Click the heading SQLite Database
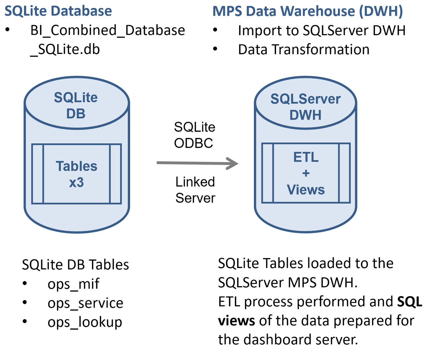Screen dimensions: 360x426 pyautogui.click(x=58, y=11)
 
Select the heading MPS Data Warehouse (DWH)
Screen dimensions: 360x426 pyautogui.click(x=308, y=11)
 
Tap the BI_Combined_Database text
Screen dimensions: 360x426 pyautogui.click(x=108, y=30)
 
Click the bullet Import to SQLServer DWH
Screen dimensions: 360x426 pyautogui.click(x=322, y=31)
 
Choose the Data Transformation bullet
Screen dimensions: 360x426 pyautogui.click(x=303, y=50)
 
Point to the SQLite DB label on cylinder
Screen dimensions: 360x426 pyautogui.click(x=76, y=106)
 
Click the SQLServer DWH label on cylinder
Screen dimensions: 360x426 pyautogui.click(x=305, y=107)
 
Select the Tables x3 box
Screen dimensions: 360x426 pyautogui.click(x=77, y=174)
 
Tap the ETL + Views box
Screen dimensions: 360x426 pyautogui.click(x=306, y=173)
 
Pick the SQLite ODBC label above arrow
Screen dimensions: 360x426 pyautogui.click(x=194, y=135)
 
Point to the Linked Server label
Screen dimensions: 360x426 pyautogui.click(x=195, y=190)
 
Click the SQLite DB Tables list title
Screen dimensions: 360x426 pyautogui.click(x=75, y=265)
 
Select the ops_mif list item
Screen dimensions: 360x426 pyautogui.click(x=73, y=284)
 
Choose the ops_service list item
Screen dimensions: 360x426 pyautogui.click(x=85, y=303)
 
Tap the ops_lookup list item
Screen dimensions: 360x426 pyautogui.click(x=85, y=322)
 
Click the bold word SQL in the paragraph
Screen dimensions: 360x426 pyautogui.click(x=409, y=302)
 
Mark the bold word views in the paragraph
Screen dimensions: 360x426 pyautogui.click(x=236, y=320)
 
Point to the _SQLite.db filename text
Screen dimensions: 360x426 pyautogui.click(x=65, y=50)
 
